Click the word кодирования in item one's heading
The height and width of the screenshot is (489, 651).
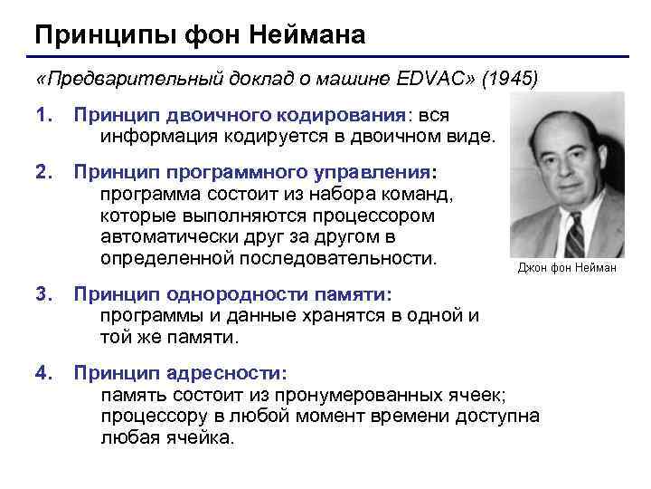(x=346, y=117)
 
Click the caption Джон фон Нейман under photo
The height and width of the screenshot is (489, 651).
(x=567, y=268)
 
